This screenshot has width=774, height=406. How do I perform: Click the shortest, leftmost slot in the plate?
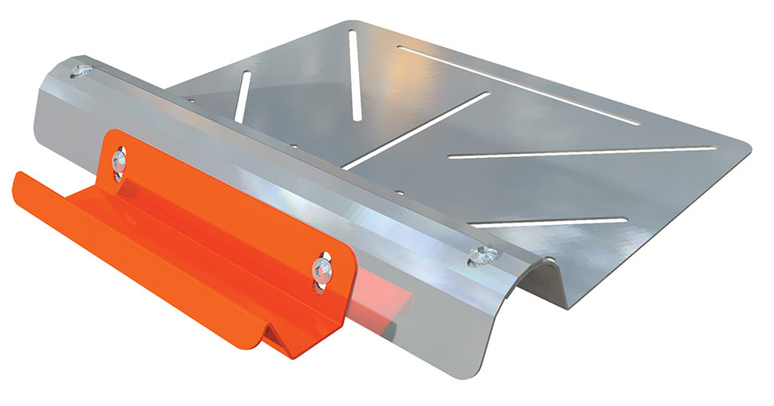(242, 97)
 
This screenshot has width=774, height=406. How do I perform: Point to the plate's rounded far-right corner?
(746, 148)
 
